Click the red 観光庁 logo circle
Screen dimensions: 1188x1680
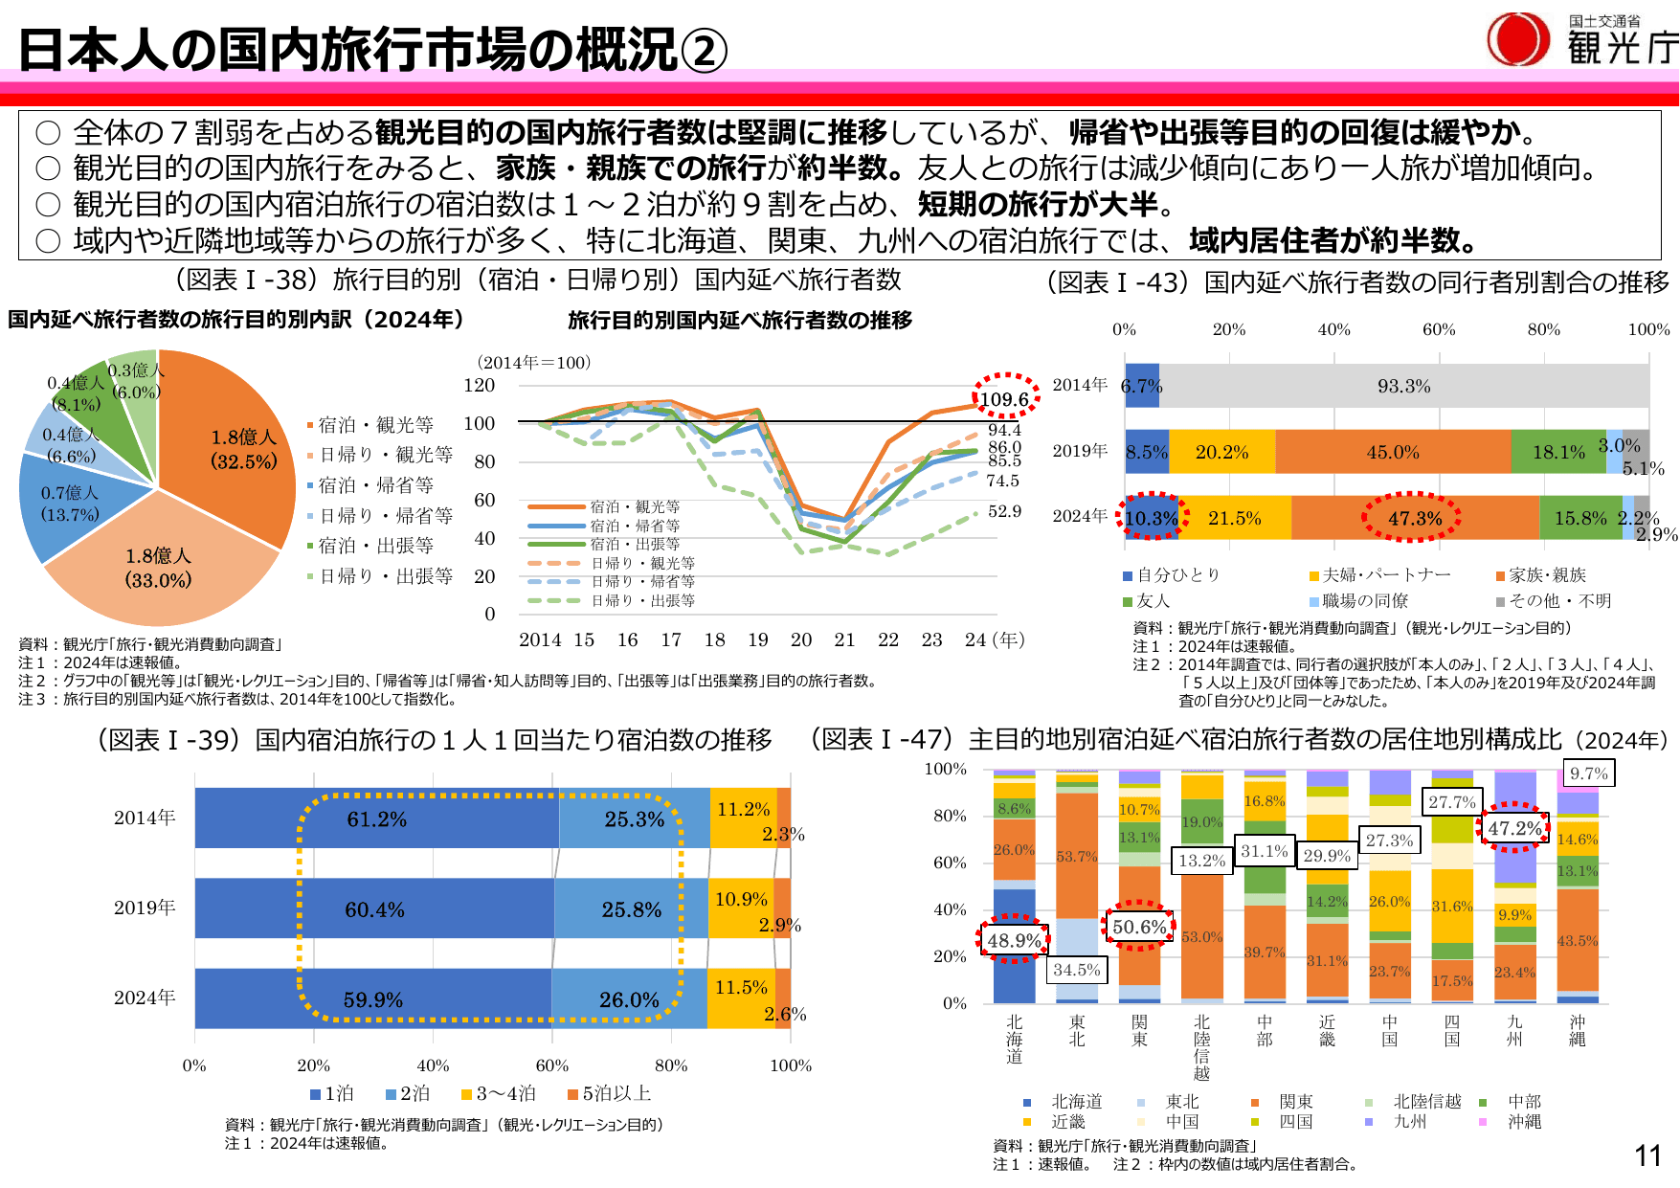pos(1517,39)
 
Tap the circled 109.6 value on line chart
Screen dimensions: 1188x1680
pos(1004,398)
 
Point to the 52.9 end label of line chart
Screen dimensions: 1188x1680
pos(1004,511)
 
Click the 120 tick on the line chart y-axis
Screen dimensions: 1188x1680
pos(480,385)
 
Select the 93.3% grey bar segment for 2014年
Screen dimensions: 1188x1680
pos(1403,386)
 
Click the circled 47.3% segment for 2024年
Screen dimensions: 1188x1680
pos(1414,518)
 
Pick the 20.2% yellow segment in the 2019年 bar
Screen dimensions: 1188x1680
pos(1221,452)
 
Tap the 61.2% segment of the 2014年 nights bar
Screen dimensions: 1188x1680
pos(376,818)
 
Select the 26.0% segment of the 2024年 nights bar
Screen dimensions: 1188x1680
pos(629,999)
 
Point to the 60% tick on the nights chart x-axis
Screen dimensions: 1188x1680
pos(552,1065)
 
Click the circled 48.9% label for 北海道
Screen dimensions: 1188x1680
pos(1014,940)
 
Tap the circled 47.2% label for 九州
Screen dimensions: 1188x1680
pos(1514,828)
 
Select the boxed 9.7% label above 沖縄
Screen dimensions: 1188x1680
pos(1588,773)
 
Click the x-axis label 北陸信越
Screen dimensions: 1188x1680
pos(1201,1047)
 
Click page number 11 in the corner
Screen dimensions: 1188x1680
pos(1647,1155)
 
